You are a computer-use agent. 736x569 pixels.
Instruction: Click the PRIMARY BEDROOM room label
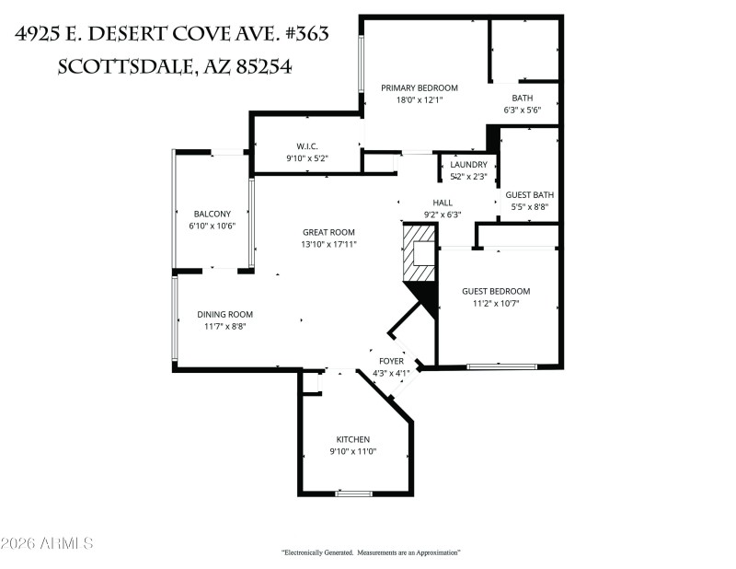(420, 88)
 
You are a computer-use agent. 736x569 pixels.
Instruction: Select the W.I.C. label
(307, 146)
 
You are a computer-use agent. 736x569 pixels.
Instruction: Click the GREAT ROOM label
(328, 233)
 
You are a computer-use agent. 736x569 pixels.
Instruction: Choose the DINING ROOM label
(224, 314)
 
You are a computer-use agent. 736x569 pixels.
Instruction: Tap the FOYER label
(392, 361)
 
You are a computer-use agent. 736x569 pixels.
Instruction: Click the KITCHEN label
(353, 440)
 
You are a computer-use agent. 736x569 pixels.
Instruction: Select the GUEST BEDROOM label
(496, 292)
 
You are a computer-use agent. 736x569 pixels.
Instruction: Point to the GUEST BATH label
(529, 195)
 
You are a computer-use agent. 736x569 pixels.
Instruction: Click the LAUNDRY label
(468, 165)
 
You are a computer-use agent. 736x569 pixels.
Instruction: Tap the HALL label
(443, 203)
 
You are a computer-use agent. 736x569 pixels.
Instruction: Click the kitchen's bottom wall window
(353, 494)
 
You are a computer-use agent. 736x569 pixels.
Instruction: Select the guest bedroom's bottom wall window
(501, 366)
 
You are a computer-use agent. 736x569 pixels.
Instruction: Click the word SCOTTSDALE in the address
(123, 66)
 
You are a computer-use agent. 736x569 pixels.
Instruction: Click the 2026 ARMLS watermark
(48, 544)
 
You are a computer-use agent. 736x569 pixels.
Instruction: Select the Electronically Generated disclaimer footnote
(370, 552)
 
